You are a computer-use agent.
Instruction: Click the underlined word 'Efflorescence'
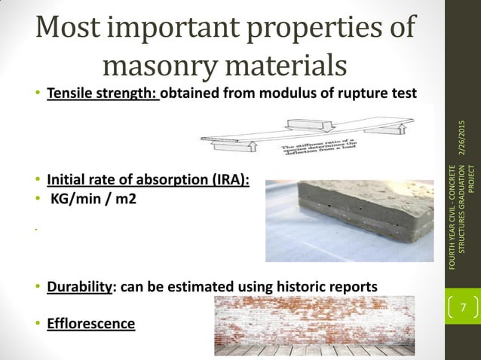pos(90,324)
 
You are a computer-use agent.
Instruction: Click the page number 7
pos(464,307)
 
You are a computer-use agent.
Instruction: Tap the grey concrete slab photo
pos(347,218)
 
